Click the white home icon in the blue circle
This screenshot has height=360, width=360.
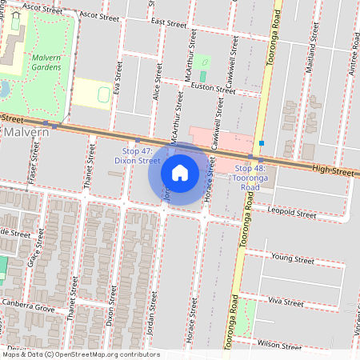[x=180, y=172]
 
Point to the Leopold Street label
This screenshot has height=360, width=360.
[x=293, y=214]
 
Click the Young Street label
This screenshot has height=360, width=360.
[x=292, y=258]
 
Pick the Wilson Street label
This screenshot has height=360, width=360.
[x=279, y=345]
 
